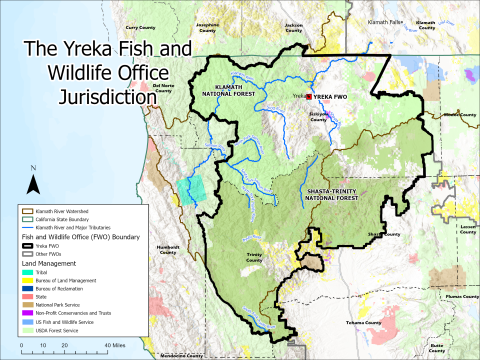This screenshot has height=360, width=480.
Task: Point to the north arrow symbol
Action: point(32,183)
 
